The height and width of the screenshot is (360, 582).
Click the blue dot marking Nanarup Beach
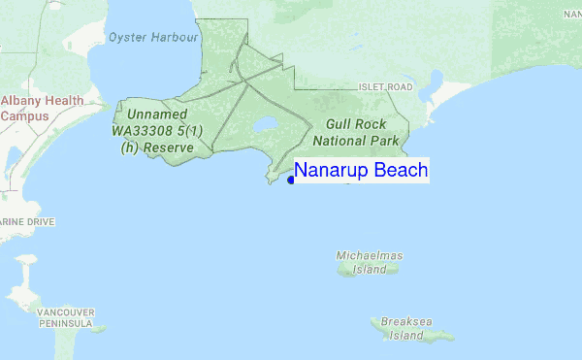point(291,179)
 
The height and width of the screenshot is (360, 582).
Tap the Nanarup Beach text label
point(361,171)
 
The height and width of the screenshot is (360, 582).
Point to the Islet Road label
point(386,87)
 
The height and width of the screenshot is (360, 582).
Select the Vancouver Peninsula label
point(65,317)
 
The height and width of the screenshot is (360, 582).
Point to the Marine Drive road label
point(27,221)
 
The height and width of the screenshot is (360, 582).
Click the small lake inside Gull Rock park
point(264,124)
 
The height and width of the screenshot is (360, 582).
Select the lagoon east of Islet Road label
point(436,82)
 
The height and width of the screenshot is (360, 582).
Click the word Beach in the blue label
point(400,171)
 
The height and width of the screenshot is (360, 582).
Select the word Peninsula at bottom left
point(65,322)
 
